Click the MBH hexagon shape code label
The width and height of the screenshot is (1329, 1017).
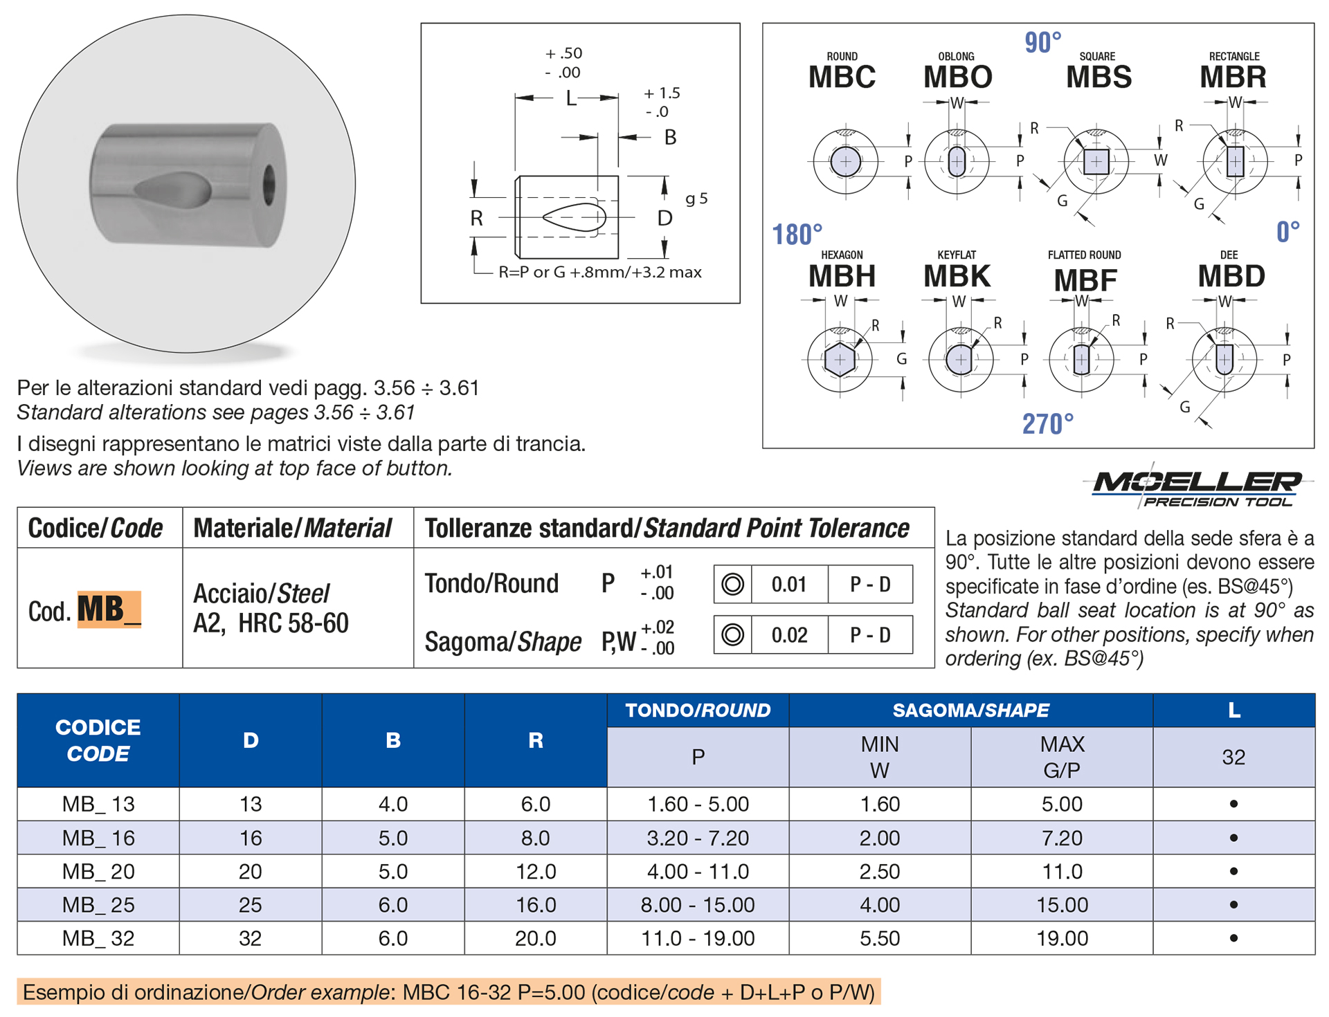pos(842,276)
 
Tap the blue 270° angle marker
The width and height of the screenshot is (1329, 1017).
pos(1047,423)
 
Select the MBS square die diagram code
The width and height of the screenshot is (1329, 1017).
pos(1099,77)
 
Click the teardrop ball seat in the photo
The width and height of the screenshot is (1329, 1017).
pos(173,190)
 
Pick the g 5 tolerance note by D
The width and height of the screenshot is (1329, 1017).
pos(696,199)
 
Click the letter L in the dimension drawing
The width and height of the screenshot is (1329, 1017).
pos(570,98)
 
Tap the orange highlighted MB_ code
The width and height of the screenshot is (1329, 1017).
pos(109,610)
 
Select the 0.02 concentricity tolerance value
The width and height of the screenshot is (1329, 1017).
pos(789,634)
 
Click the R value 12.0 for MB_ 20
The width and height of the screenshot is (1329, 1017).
pos(535,871)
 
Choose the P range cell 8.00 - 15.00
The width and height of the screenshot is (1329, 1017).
pos(698,904)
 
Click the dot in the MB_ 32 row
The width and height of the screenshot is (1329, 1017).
pos(1233,938)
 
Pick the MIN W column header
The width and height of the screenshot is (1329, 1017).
pos(879,757)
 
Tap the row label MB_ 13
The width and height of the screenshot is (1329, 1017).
pos(98,804)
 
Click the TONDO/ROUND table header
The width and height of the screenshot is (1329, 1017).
pos(698,710)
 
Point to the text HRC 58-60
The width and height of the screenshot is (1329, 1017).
pos(293,623)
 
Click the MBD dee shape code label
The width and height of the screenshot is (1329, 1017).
pos(1231,276)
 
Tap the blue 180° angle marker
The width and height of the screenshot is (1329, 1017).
pos(797,235)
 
